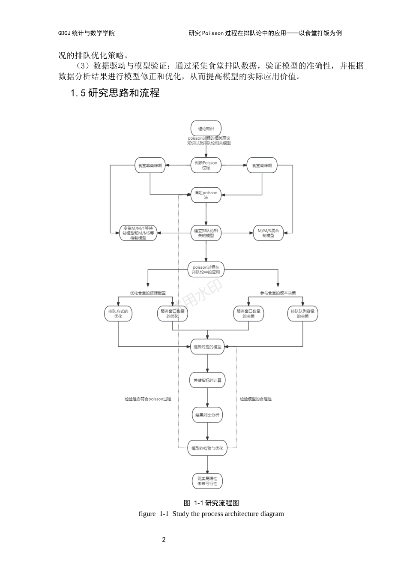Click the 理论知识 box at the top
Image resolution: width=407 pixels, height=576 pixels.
206,129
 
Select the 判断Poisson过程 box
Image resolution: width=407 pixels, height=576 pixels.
206,165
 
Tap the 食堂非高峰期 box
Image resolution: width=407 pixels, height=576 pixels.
150,165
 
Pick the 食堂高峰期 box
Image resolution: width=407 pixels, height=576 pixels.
262,165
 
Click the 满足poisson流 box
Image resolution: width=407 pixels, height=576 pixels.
206,195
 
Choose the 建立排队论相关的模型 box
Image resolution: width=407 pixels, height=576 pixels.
206,233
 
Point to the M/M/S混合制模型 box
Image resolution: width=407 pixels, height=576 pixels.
268,233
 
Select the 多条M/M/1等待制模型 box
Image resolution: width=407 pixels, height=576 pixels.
138,233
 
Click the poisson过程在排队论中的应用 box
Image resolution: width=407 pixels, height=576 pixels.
206,270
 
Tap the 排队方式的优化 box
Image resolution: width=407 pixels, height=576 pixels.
118,314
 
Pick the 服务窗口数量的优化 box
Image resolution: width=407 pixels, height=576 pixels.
173,314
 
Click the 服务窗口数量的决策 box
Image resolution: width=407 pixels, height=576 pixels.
248,314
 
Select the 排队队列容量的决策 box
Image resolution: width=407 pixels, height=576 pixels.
302,314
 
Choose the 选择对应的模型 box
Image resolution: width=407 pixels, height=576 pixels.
207,347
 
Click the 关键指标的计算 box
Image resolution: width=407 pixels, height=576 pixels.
207,380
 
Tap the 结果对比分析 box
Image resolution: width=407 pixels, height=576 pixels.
207,415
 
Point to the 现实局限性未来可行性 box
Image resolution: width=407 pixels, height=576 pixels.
207,481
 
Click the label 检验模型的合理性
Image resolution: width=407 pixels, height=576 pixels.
256,399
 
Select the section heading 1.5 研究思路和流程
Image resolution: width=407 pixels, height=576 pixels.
115,93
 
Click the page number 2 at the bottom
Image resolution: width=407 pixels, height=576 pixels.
164,540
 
